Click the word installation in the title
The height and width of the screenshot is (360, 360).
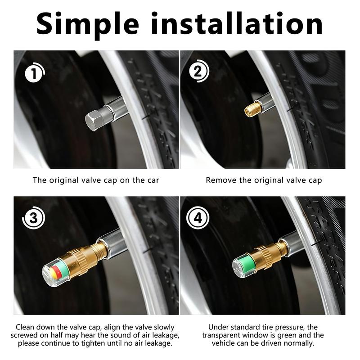(237, 23)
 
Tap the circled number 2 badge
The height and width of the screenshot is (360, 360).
(199, 71)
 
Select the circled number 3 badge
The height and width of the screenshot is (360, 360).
(33, 218)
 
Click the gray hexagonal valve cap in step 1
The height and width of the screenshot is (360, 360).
(95, 120)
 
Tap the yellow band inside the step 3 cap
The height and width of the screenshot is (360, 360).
(53, 273)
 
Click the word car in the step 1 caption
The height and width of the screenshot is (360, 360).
(153, 180)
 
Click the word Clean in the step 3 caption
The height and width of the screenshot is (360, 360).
(25, 327)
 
